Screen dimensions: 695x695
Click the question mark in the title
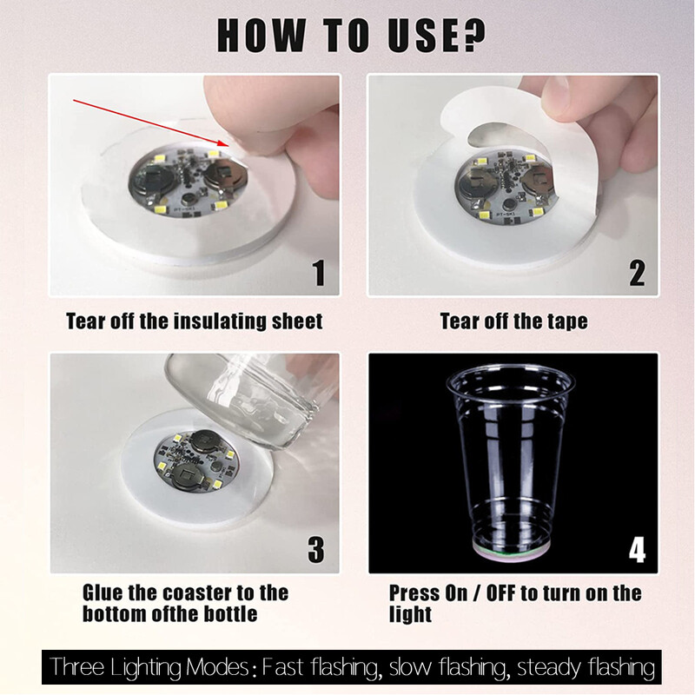(470, 35)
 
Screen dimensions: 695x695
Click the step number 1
(319, 273)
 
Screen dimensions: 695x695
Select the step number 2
(637, 273)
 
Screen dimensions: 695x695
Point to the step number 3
(316, 550)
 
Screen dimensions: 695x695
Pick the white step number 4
(638, 550)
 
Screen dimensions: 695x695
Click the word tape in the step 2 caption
(567, 321)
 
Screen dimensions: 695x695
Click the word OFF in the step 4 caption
(501, 593)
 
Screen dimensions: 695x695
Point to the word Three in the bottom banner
(77, 666)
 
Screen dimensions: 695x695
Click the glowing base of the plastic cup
(512, 552)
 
